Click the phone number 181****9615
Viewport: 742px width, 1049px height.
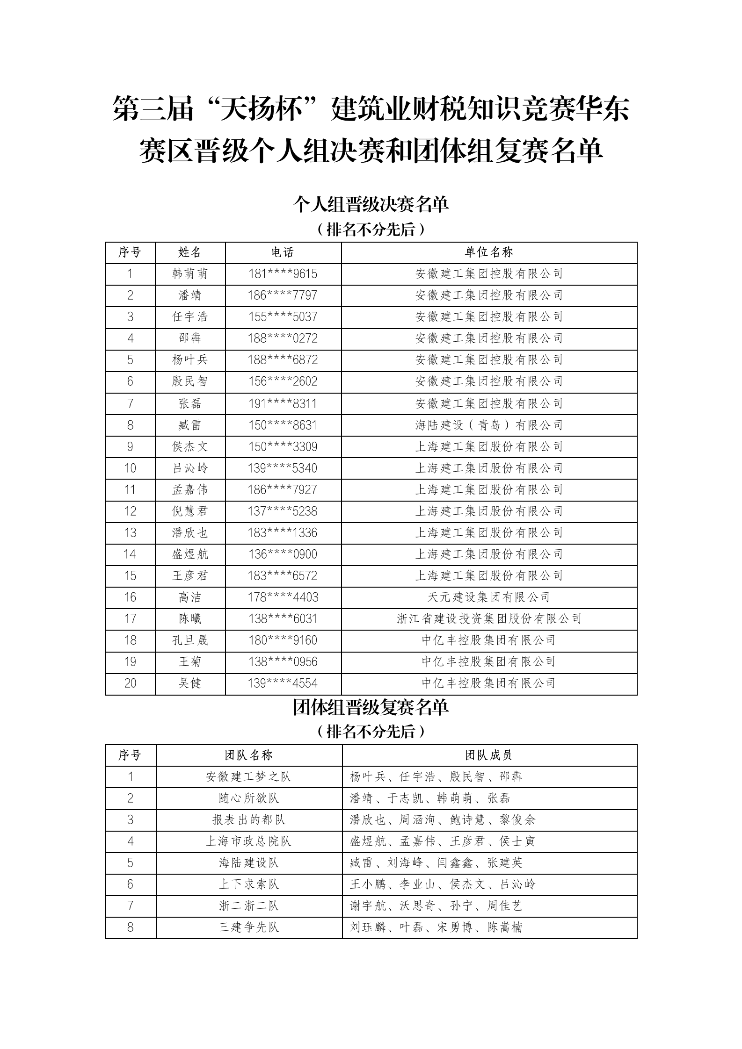(x=283, y=274)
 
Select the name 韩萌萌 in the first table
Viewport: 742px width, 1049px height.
(x=189, y=274)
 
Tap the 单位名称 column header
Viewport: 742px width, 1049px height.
(x=489, y=252)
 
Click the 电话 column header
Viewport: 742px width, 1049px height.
(x=283, y=252)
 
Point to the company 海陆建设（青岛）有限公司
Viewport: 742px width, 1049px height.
(x=489, y=425)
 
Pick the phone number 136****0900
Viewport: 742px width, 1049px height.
(x=283, y=554)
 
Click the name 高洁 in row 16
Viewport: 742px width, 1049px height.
(x=189, y=597)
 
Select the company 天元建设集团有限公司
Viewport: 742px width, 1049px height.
(x=489, y=597)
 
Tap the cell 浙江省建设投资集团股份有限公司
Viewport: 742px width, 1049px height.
(x=489, y=619)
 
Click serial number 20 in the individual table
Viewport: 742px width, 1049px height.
(x=130, y=683)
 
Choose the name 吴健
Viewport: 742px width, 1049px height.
(x=189, y=683)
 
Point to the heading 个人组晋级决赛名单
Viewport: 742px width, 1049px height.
(x=371, y=204)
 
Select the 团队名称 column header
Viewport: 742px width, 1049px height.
(x=248, y=755)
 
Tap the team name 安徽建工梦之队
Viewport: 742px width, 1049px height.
(x=248, y=777)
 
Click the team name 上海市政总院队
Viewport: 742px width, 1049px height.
(x=248, y=841)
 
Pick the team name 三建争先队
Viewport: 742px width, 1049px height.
(x=248, y=927)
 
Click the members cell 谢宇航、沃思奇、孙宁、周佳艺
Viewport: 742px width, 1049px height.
(x=436, y=906)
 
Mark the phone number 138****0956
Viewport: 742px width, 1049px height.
(x=283, y=662)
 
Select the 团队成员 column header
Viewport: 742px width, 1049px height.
(x=489, y=755)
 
